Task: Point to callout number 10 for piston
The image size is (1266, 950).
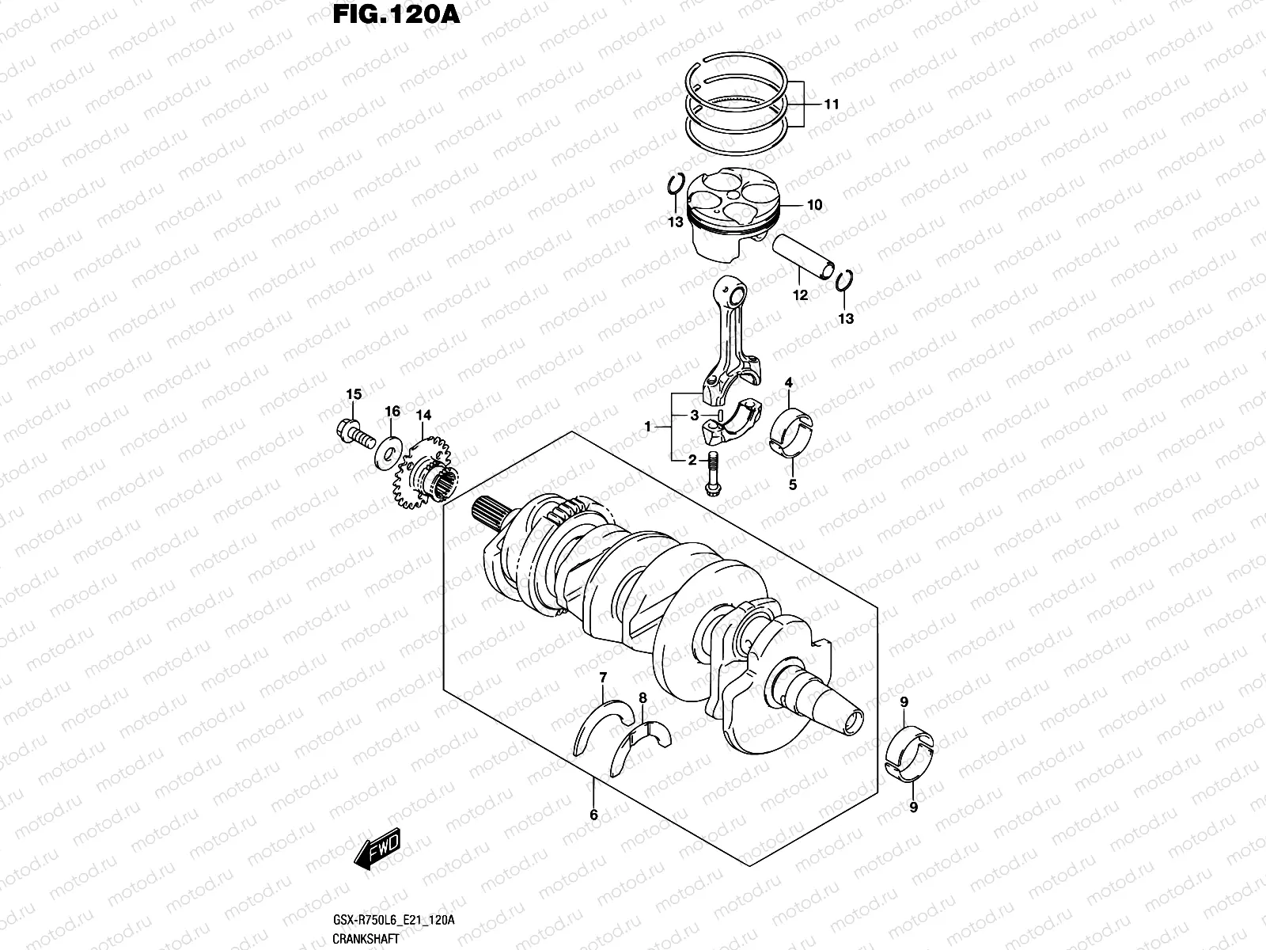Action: coord(814,205)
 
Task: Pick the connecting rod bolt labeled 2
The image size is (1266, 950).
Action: coord(711,475)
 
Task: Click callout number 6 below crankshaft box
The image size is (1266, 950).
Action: coord(593,815)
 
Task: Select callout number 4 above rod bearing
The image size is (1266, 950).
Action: coord(788,384)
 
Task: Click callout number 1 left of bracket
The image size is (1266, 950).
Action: coord(647,427)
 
